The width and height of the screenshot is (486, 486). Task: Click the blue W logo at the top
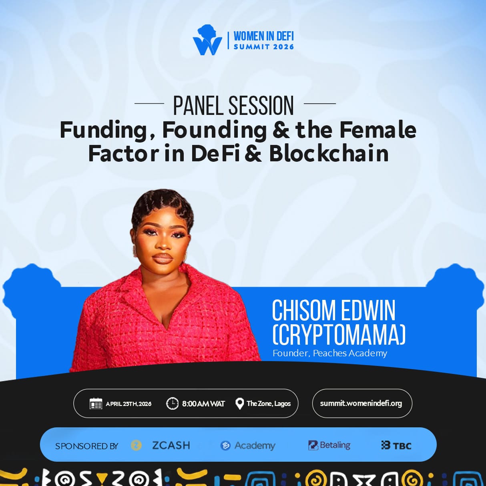(x=207, y=40)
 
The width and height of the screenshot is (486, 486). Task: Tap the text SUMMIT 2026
(x=264, y=47)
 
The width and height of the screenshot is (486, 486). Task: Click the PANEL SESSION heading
(x=233, y=106)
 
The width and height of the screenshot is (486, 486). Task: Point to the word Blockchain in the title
(x=329, y=153)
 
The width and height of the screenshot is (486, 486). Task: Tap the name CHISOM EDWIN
(x=333, y=311)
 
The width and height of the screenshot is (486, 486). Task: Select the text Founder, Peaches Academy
(x=330, y=353)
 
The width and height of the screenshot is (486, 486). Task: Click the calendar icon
(x=96, y=404)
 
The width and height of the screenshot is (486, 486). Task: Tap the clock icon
(x=172, y=404)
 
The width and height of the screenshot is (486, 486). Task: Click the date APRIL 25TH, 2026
(x=129, y=404)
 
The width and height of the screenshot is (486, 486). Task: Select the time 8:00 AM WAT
(x=203, y=404)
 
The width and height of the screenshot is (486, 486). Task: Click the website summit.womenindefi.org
(x=361, y=404)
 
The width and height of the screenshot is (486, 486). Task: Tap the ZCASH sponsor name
(x=171, y=445)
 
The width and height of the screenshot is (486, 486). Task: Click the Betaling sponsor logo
(x=329, y=445)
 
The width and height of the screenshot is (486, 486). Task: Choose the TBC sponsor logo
(x=396, y=446)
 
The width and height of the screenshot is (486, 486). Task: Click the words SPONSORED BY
(x=87, y=446)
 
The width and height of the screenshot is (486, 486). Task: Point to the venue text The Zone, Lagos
(x=269, y=404)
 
